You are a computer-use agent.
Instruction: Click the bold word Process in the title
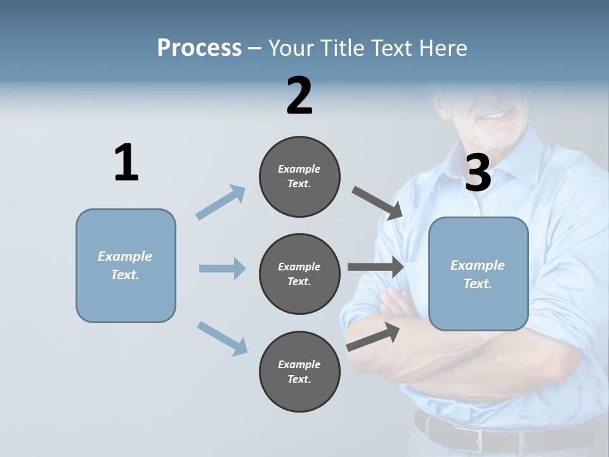pos(199,48)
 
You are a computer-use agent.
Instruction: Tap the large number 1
pos(126,163)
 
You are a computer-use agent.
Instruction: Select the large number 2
pos(299,96)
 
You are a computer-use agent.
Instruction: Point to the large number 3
pos(478,173)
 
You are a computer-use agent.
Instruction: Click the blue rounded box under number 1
pos(126,265)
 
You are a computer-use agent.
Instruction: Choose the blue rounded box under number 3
pos(478,274)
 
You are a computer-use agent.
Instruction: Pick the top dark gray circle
pos(299,176)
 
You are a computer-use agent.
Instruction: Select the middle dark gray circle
pos(299,274)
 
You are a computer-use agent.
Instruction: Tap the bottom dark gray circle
pos(299,371)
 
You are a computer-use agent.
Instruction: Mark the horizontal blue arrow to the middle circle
pos(222,268)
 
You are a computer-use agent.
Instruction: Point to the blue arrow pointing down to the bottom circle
pos(222,338)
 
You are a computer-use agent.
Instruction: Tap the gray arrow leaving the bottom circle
pos(373,336)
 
